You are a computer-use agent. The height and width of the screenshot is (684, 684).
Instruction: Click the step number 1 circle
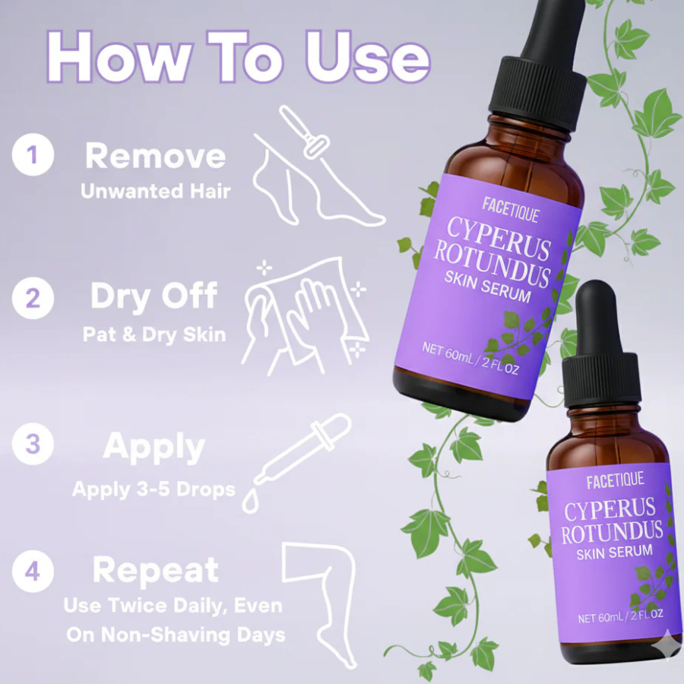pyautogui.click(x=33, y=155)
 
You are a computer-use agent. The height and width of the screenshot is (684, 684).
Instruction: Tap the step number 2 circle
pyautogui.click(x=33, y=297)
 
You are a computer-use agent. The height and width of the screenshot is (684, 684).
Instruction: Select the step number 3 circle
pyautogui.click(x=33, y=444)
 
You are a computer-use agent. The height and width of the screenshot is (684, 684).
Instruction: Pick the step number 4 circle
pyautogui.click(x=33, y=570)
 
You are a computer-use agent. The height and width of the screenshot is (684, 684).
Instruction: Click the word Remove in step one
pyautogui.click(x=155, y=156)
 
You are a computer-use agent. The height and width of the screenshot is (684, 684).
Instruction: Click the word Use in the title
pyautogui.click(x=367, y=57)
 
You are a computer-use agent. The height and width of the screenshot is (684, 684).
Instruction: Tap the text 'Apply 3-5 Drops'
pyautogui.click(x=154, y=489)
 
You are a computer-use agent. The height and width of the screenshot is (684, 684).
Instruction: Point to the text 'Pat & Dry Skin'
pyautogui.click(x=154, y=334)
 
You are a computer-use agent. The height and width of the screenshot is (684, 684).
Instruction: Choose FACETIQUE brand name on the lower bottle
pyautogui.click(x=614, y=480)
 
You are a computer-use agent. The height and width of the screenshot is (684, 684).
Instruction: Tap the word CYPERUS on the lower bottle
pyautogui.click(x=610, y=508)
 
